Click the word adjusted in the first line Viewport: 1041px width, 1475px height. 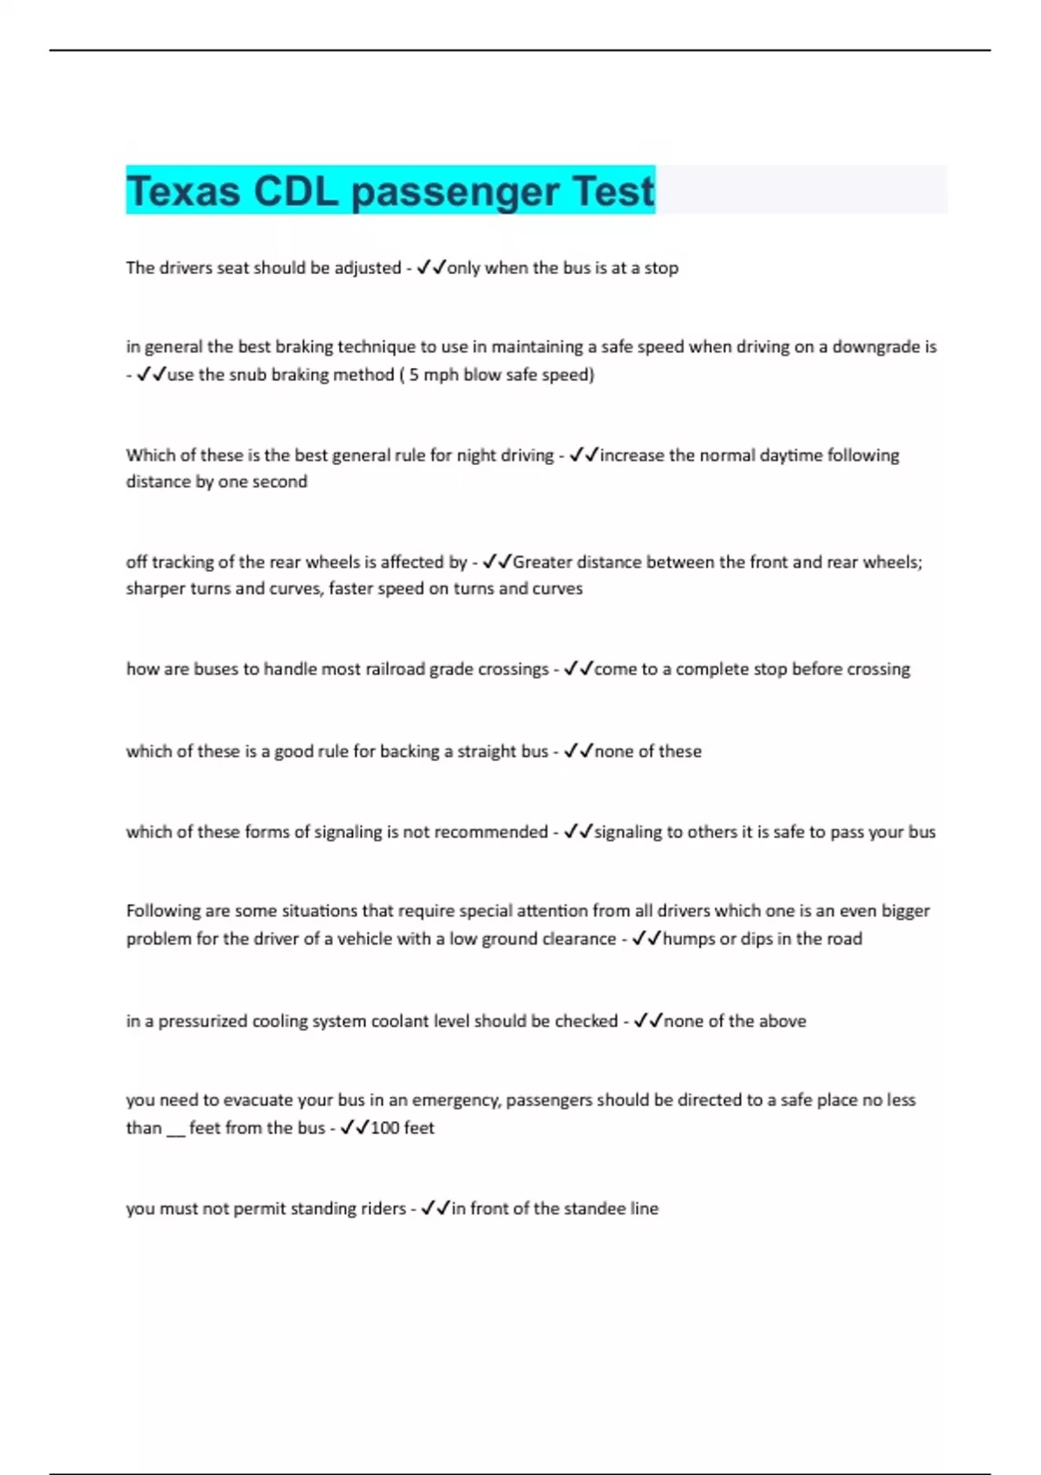(368, 268)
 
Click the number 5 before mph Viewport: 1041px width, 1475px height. (414, 375)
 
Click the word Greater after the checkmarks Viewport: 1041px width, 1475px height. (543, 562)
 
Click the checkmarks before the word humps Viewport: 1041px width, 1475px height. (646, 939)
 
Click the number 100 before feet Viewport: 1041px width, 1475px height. (384, 1128)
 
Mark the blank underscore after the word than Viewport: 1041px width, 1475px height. (176, 1131)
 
